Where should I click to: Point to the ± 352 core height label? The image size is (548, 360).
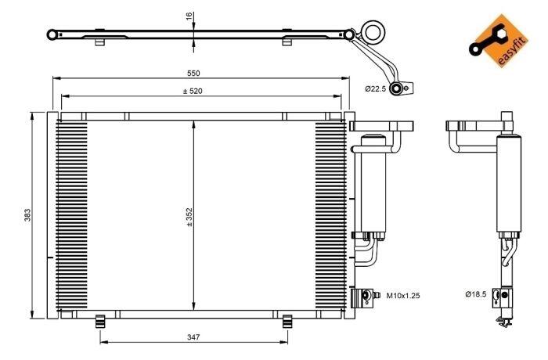(x=189, y=218)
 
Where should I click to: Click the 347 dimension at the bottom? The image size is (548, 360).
(x=193, y=337)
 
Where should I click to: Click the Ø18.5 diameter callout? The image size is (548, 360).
(x=476, y=294)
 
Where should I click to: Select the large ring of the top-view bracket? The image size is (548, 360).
(x=373, y=32)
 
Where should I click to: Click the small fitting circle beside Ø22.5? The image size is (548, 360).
(x=400, y=88)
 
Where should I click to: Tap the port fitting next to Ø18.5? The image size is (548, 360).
(x=504, y=295)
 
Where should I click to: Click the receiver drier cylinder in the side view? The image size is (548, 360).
(x=507, y=184)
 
